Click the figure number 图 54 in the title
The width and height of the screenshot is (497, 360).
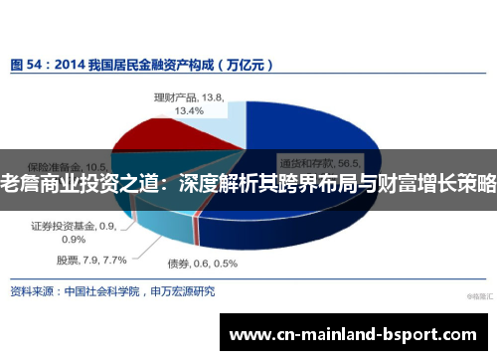[27, 64]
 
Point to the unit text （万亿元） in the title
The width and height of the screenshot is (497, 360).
[245, 64]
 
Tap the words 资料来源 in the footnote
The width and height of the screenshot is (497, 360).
[31, 292]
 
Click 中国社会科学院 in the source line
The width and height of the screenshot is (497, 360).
[103, 292]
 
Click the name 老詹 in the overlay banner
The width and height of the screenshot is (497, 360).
[15, 184]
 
